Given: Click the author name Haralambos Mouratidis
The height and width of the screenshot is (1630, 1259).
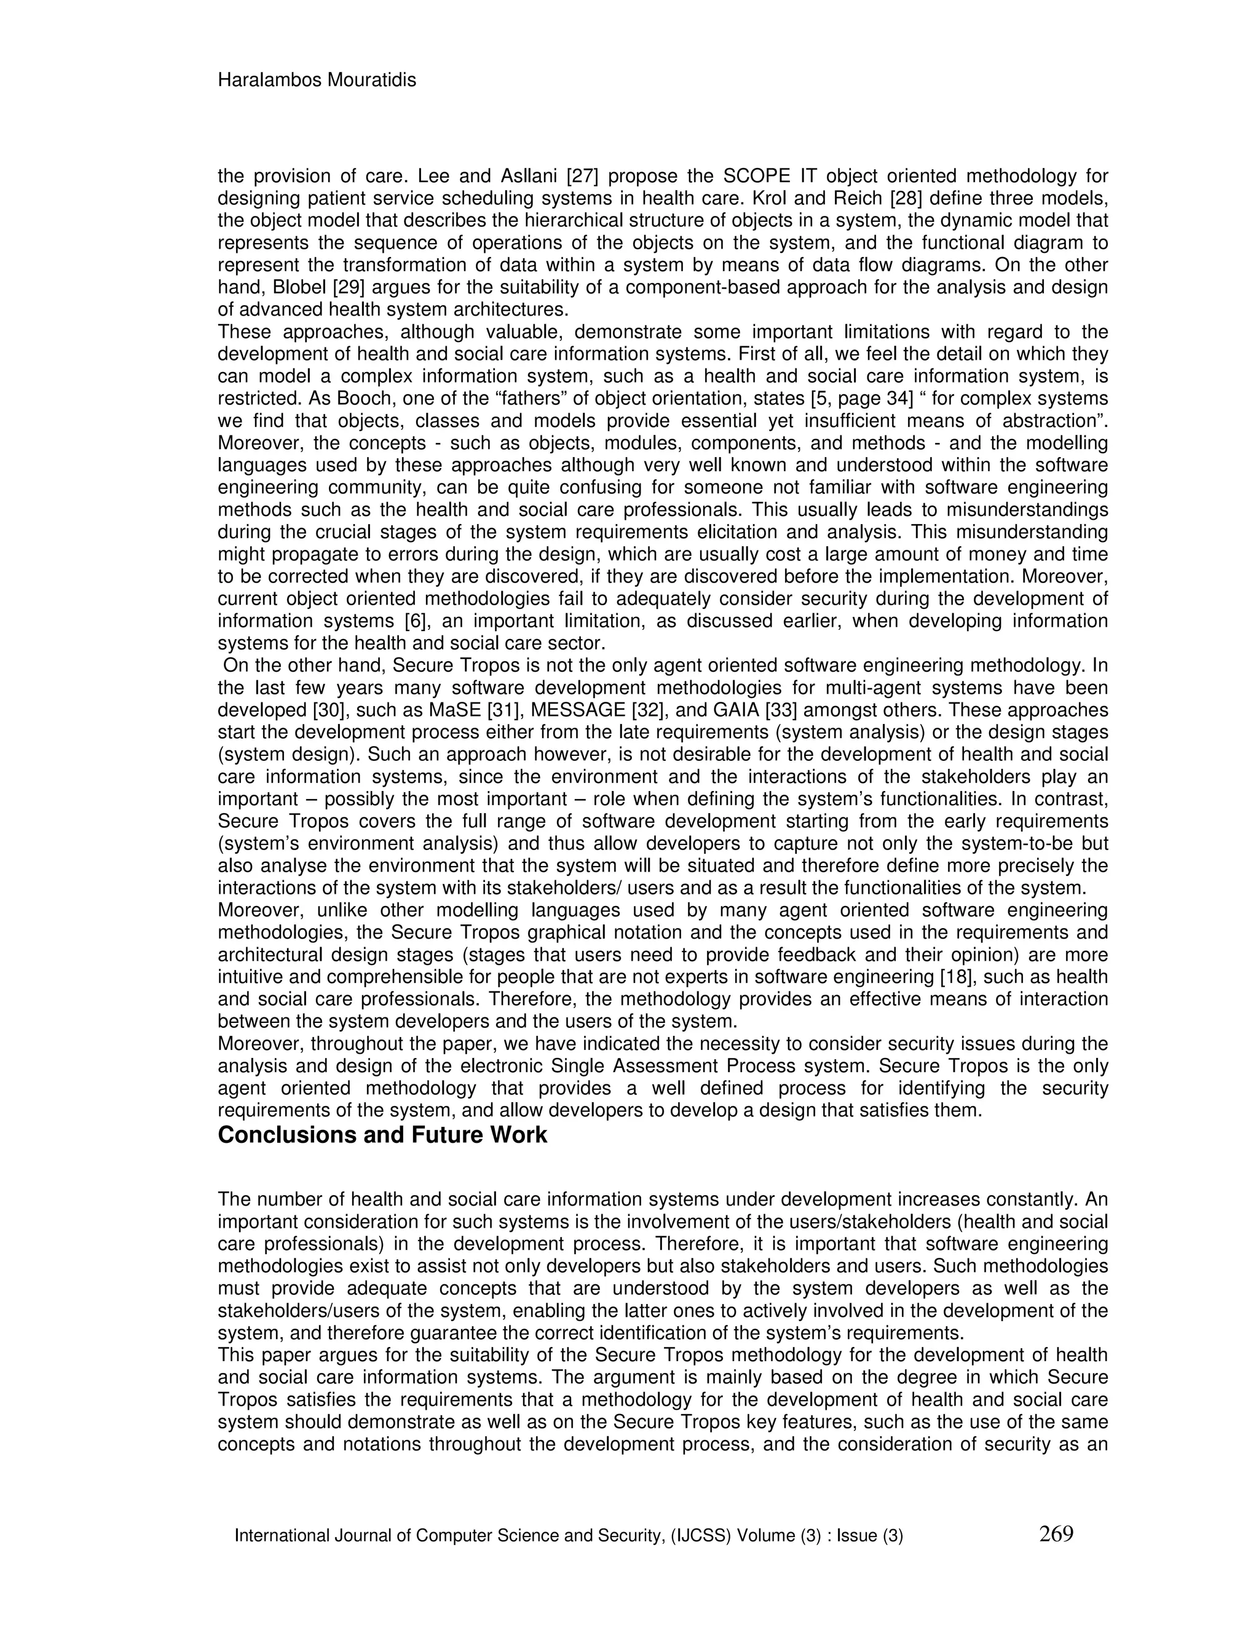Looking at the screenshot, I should (x=316, y=80).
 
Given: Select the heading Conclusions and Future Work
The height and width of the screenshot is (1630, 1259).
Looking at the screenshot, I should (x=382, y=1135).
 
